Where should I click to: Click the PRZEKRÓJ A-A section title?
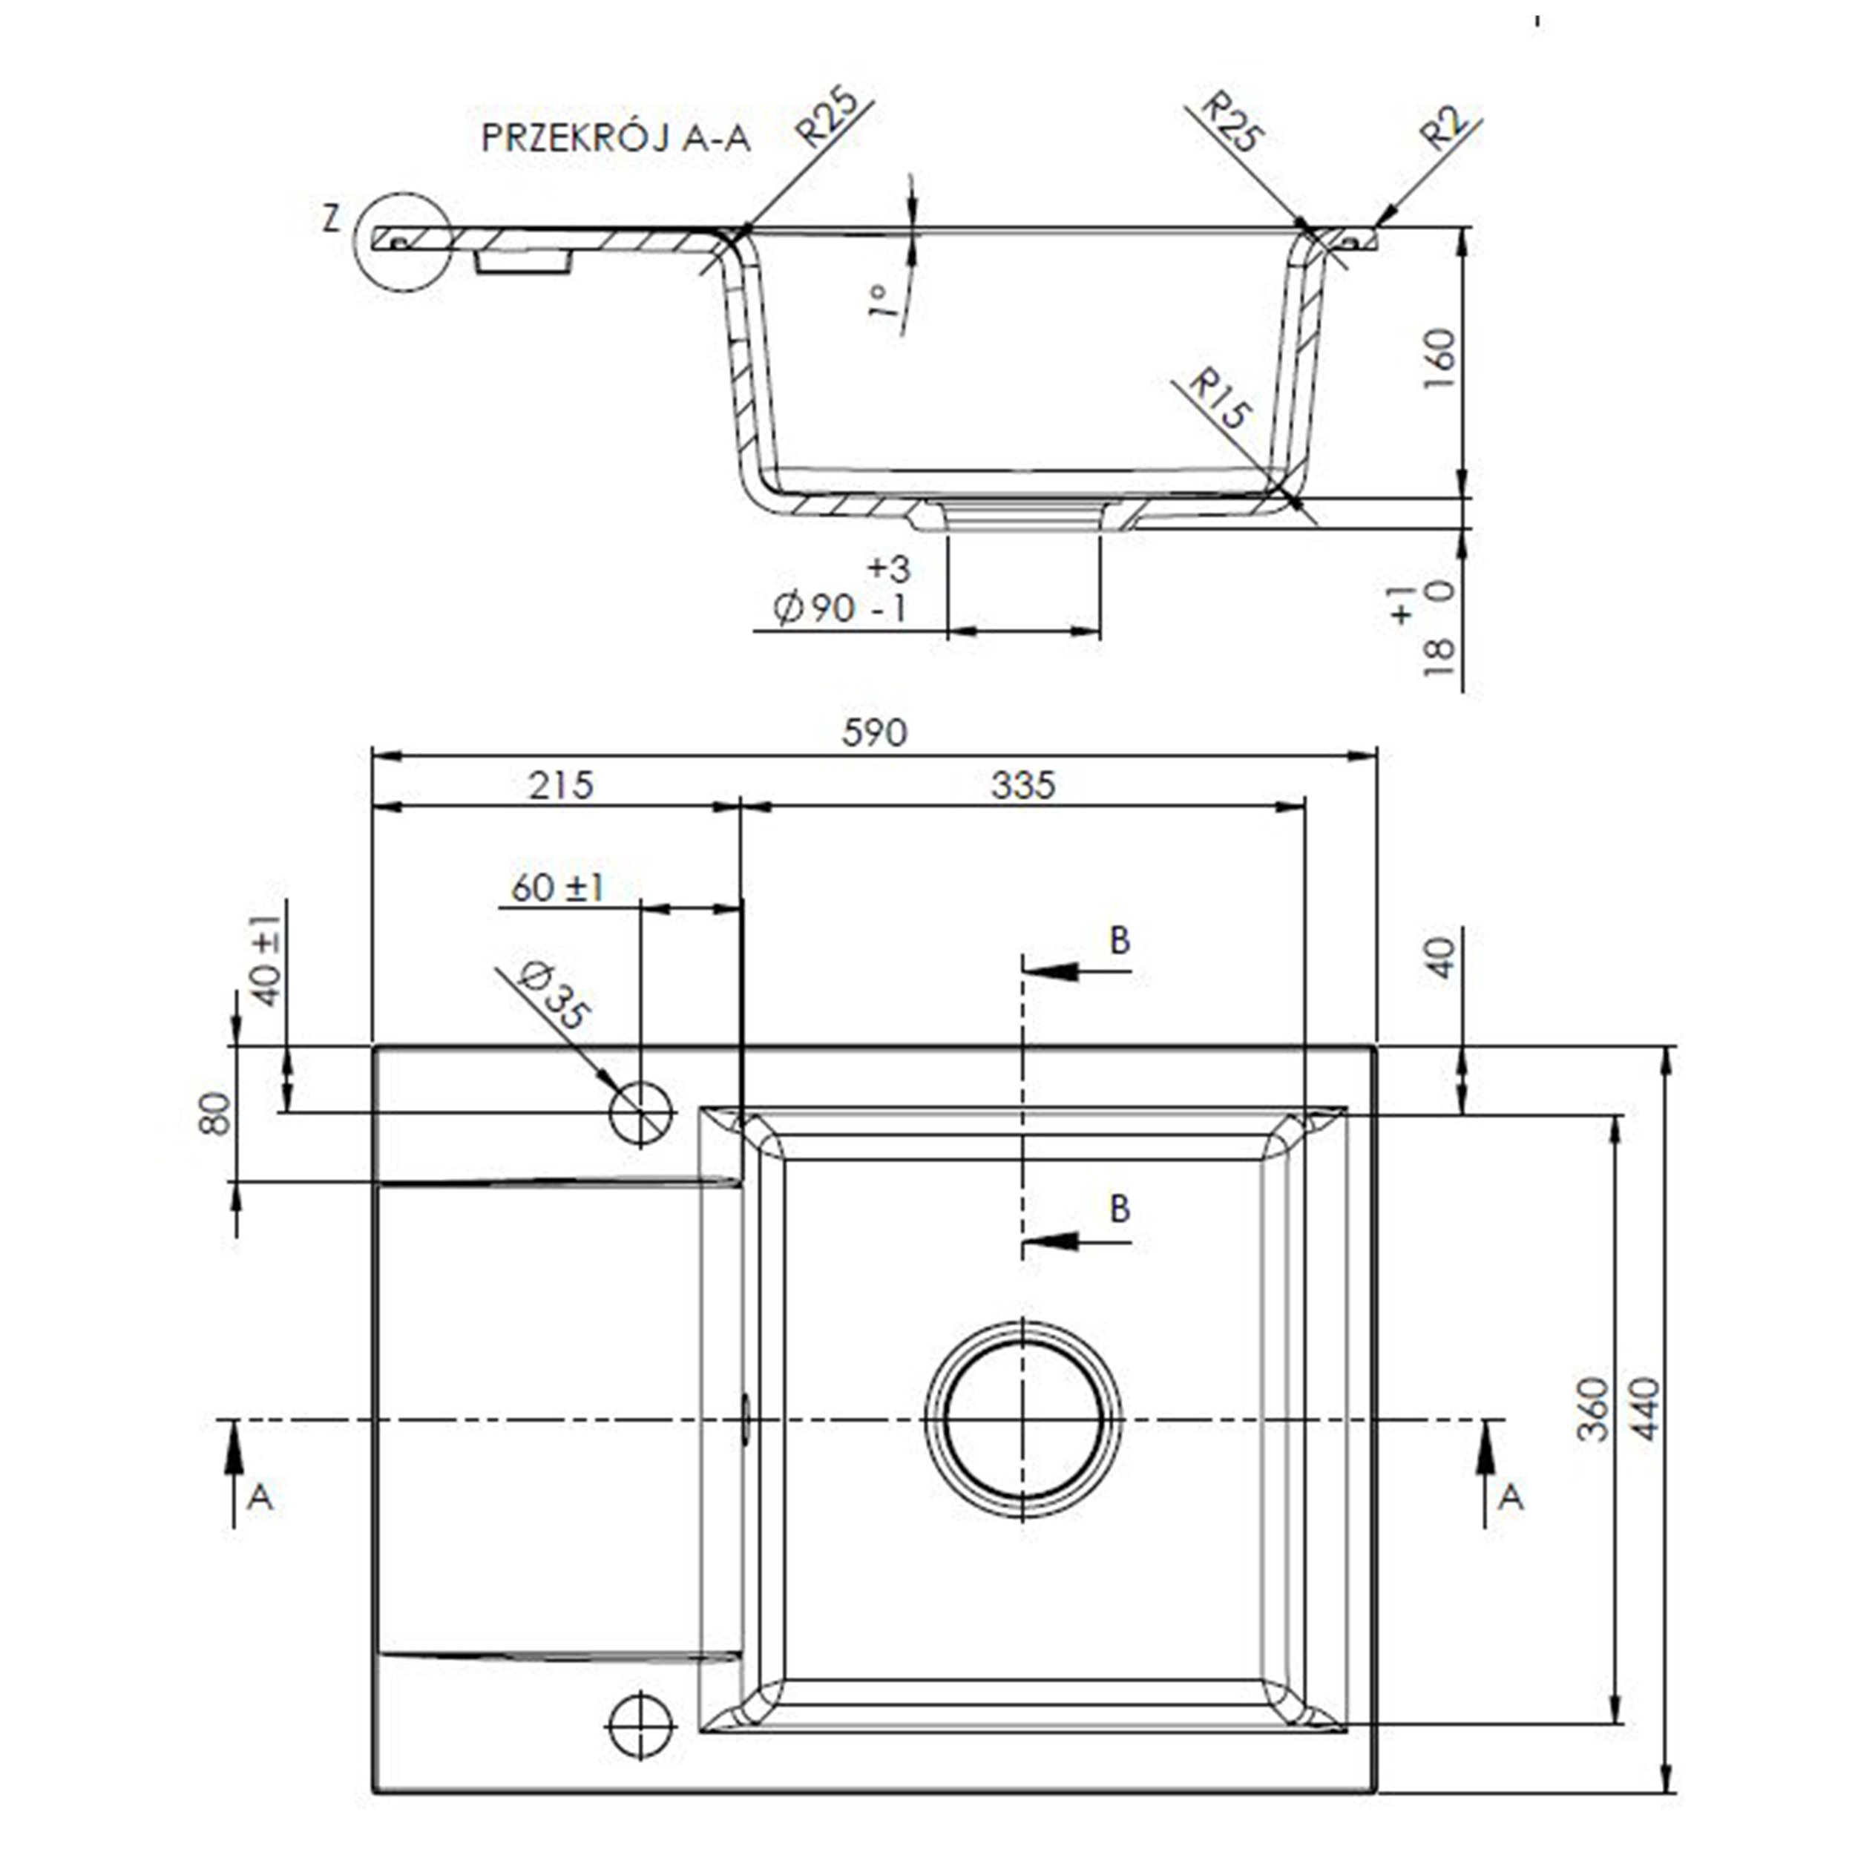pos(614,138)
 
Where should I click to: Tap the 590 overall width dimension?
pos(874,732)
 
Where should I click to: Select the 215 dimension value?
pos(561,785)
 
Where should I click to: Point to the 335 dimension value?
pos(1022,785)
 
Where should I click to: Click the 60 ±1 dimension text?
pos(557,887)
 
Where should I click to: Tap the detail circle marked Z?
pos(402,241)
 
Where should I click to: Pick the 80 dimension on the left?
pos(216,1113)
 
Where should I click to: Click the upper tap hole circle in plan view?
pos(640,1113)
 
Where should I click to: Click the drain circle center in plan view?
pos(1022,1419)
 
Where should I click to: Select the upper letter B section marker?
pos(1119,940)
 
